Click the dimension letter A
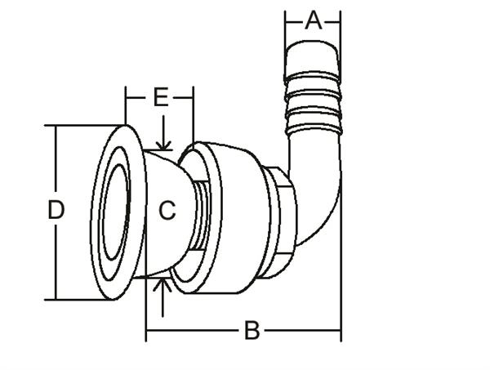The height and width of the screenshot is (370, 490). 313,20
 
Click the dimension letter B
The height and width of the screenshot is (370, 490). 252,331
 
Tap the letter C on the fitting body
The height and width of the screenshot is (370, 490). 167,211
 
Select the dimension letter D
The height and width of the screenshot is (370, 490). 56,211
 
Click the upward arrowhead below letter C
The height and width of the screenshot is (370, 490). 164,282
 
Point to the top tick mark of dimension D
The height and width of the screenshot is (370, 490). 55,126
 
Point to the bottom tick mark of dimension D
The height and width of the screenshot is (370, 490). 55,300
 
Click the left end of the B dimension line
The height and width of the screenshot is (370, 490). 147,331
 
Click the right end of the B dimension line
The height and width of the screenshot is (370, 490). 340,331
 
